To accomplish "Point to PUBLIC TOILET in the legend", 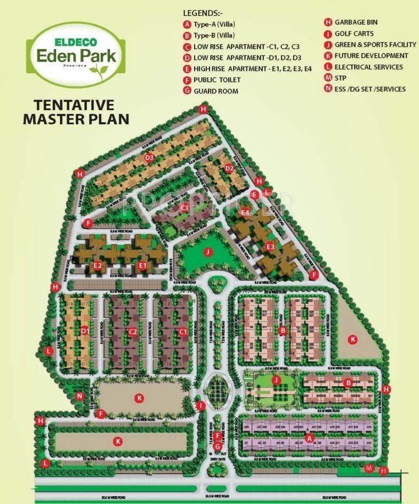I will (217, 80).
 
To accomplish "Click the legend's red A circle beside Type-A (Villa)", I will (188, 24).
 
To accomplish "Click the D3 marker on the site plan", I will (149, 158).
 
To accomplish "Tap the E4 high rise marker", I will (245, 212).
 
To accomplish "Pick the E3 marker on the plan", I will (270, 246).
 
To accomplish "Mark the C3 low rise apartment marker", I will (185, 207).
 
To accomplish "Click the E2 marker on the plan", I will (98, 265).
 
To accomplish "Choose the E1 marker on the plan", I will (142, 265).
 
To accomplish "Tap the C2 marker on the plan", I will (133, 332).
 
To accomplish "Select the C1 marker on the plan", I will (183, 332).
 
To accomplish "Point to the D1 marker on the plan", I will (85, 331).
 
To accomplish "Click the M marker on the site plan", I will (370, 468).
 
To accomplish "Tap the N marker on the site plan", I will (80, 396).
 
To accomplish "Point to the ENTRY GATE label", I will (218, 459).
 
